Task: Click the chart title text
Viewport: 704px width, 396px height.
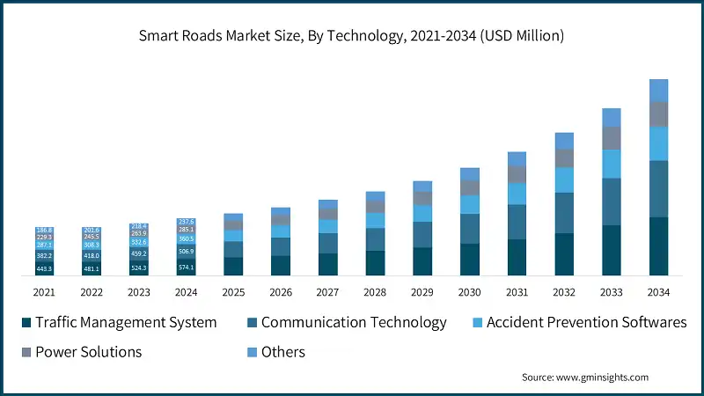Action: coord(351,36)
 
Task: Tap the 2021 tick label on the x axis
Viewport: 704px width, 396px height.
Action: coord(45,291)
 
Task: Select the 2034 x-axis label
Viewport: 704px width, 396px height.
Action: coord(659,291)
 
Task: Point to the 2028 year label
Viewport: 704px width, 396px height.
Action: coord(375,291)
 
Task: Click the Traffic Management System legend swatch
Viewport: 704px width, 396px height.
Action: coord(26,323)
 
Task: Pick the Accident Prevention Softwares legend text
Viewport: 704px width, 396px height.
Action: coord(587,323)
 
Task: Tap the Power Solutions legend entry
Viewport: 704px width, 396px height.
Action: coord(88,352)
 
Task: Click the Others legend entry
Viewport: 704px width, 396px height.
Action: coord(282,352)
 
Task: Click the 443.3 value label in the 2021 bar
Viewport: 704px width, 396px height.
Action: coord(45,268)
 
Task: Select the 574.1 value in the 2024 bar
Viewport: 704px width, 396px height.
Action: coord(186,267)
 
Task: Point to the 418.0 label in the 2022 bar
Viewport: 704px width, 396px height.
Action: coord(92,255)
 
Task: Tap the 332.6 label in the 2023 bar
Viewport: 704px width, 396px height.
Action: coord(139,242)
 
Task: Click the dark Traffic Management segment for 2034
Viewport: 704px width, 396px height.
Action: coord(659,246)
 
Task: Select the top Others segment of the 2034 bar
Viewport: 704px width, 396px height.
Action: coord(659,90)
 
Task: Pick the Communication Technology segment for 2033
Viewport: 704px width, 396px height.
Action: coord(612,202)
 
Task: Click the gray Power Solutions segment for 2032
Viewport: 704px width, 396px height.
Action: coord(564,158)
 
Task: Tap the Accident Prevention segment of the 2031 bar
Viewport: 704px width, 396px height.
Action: coord(517,194)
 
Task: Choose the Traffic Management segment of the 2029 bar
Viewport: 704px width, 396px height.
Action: coord(422,261)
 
